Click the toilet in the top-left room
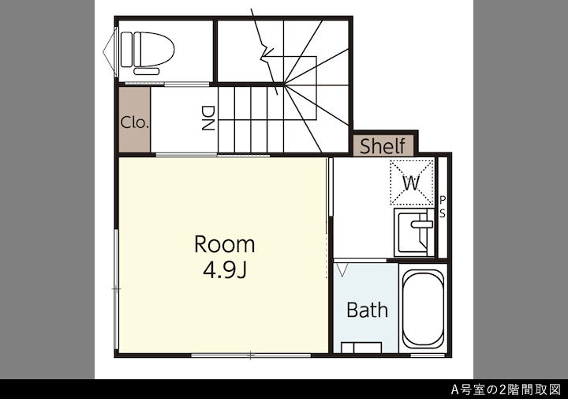pyautogui.click(x=147, y=50)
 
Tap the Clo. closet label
pyautogui.click(x=135, y=122)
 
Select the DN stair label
pyautogui.click(x=208, y=118)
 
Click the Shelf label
pyautogui.click(x=383, y=146)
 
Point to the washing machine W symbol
pyautogui.click(x=412, y=183)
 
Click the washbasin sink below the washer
pyautogui.click(x=414, y=232)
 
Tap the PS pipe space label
pyautogui.click(x=443, y=207)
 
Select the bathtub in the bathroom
pyautogui.click(x=423, y=309)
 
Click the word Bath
pyautogui.click(x=367, y=310)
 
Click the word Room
pyautogui.click(x=225, y=244)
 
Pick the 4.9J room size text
pyautogui.click(x=225, y=270)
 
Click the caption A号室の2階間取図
pyautogui.click(x=506, y=390)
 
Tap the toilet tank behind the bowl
pyautogui.click(x=126, y=49)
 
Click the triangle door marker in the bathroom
pyautogui.click(x=342, y=269)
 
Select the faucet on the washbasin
pyautogui.click(x=421, y=224)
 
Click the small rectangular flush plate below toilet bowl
pyautogui.click(x=147, y=71)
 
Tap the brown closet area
pyautogui.click(x=135, y=119)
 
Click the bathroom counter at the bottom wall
pyautogui.click(x=361, y=348)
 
